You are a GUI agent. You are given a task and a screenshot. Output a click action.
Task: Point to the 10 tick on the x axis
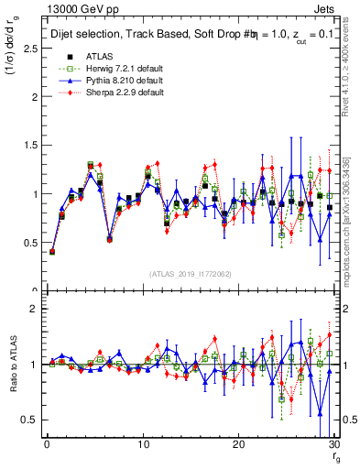tap(142, 444)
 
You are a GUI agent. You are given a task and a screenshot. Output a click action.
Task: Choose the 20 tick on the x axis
tap(238, 444)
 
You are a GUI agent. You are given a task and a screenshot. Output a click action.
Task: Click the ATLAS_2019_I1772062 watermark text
tap(190, 274)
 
